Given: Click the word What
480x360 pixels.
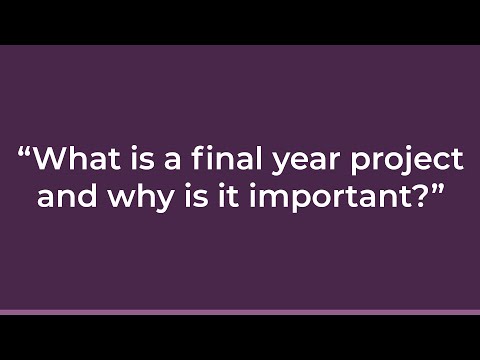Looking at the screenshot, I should pyautogui.click(x=79, y=160).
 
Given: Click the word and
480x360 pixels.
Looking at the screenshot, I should pyautogui.click(x=63, y=194).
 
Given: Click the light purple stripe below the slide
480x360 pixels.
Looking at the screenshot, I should pyautogui.click(x=240, y=312).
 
